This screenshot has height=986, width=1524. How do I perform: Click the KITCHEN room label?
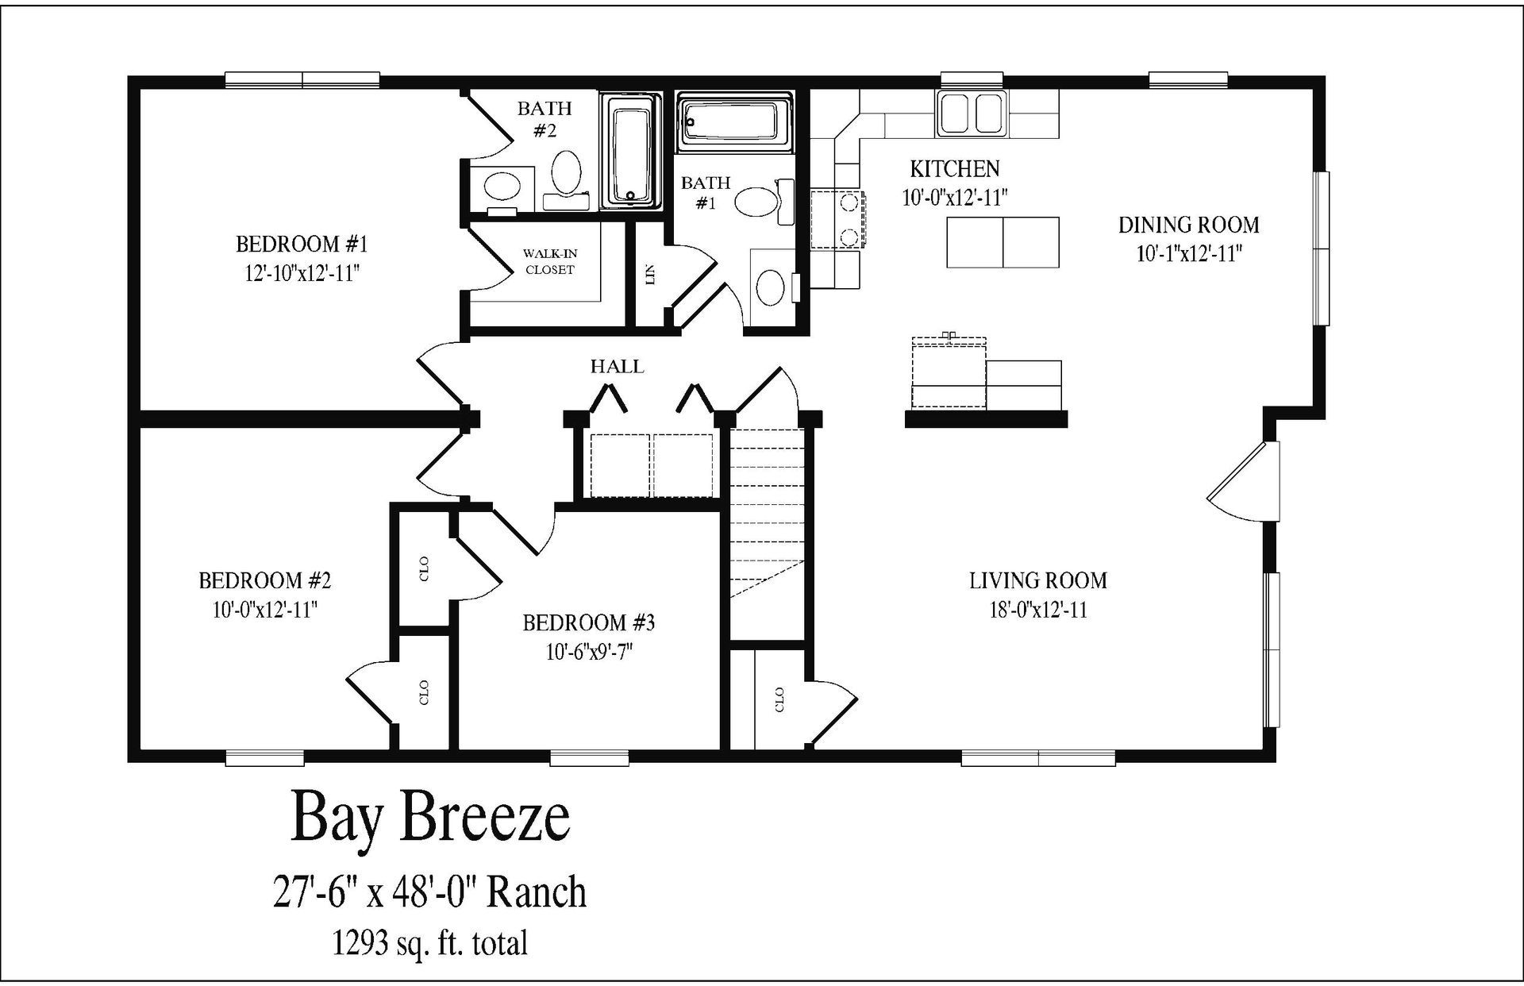click(x=954, y=168)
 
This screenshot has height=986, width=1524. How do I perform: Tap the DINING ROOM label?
click(x=1188, y=225)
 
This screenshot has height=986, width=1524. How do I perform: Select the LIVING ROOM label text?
click(x=1037, y=580)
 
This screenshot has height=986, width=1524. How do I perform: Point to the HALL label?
click(x=617, y=367)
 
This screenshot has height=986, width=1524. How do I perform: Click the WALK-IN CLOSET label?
click(x=549, y=261)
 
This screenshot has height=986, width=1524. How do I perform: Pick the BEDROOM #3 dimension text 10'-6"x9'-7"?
click(x=588, y=652)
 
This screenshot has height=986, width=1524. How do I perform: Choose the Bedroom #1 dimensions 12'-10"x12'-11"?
click(x=302, y=273)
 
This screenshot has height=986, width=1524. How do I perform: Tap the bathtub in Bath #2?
click(x=630, y=152)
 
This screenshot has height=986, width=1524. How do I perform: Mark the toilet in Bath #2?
click(x=566, y=174)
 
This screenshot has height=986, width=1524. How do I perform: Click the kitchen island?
click(x=1003, y=241)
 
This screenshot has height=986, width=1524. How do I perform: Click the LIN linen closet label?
click(x=651, y=275)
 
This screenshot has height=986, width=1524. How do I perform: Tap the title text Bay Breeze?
click(x=430, y=818)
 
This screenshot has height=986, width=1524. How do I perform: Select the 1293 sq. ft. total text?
click(x=429, y=943)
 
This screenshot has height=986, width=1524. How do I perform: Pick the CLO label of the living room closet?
click(x=779, y=699)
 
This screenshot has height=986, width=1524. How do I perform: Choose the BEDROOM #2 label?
click(x=264, y=580)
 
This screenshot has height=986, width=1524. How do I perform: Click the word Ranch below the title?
click(x=536, y=892)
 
